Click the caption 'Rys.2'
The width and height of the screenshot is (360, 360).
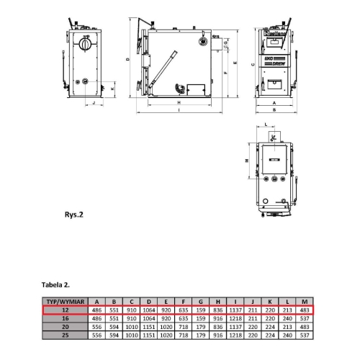[x=74, y=214]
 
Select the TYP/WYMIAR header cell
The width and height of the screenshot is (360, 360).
[x=64, y=302]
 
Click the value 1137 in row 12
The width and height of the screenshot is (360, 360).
[x=235, y=310]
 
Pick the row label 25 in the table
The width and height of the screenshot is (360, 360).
[x=64, y=335]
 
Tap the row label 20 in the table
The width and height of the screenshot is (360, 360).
[x=64, y=327]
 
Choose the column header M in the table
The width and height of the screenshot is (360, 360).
[x=305, y=302]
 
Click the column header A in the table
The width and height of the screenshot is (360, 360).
[x=96, y=302]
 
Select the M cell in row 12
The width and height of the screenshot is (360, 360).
[x=305, y=310]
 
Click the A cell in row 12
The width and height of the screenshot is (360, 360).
[x=96, y=310]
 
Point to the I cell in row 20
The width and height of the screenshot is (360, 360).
[x=235, y=327]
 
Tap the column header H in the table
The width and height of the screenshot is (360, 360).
[x=218, y=302]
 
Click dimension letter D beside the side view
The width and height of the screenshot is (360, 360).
[x=127, y=59]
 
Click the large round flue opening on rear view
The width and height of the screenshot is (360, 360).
[x=86, y=44]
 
